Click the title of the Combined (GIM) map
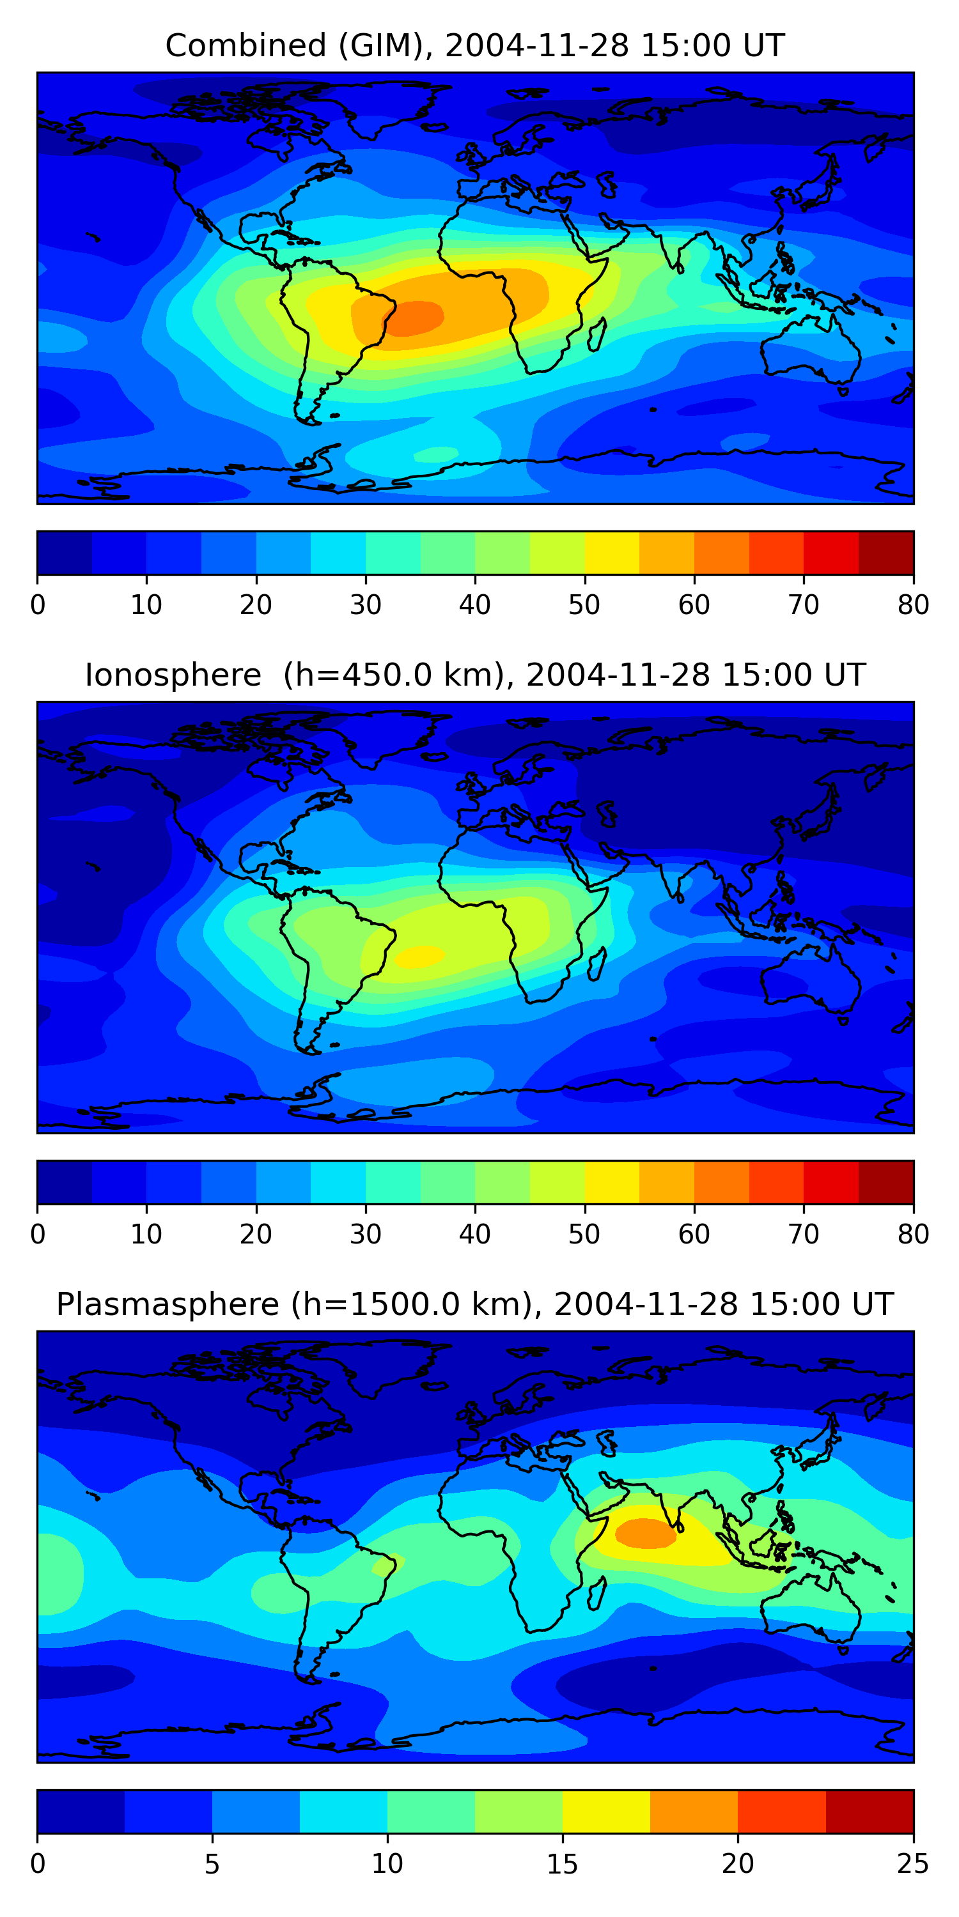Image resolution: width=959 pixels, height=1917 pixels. [x=474, y=45]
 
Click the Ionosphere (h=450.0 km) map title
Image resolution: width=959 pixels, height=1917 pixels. [x=474, y=675]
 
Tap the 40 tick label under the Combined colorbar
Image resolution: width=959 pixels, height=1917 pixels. [x=474, y=604]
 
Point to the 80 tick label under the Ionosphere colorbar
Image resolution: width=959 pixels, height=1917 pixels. [x=913, y=1234]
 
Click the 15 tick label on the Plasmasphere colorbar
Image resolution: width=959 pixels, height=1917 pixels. [x=562, y=1863]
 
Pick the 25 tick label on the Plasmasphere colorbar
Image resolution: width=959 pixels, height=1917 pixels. [x=913, y=1863]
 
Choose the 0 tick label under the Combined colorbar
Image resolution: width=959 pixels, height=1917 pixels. [x=38, y=604]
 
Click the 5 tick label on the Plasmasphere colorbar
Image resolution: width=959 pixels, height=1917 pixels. [x=212, y=1863]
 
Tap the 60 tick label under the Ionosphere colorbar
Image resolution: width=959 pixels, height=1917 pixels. [x=694, y=1234]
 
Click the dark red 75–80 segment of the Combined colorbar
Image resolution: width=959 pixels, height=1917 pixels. [x=886, y=553]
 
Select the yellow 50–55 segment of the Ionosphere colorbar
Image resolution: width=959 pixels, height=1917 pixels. [x=612, y=1182]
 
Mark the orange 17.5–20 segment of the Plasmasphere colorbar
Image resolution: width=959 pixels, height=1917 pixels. [x=694, y=1812]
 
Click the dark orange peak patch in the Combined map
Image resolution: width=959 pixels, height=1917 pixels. [x=414, y=318]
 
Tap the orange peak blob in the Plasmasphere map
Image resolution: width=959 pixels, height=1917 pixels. [x=645, y=1534]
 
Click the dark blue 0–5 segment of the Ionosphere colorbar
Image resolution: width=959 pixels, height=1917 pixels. [x=65, y=1182]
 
